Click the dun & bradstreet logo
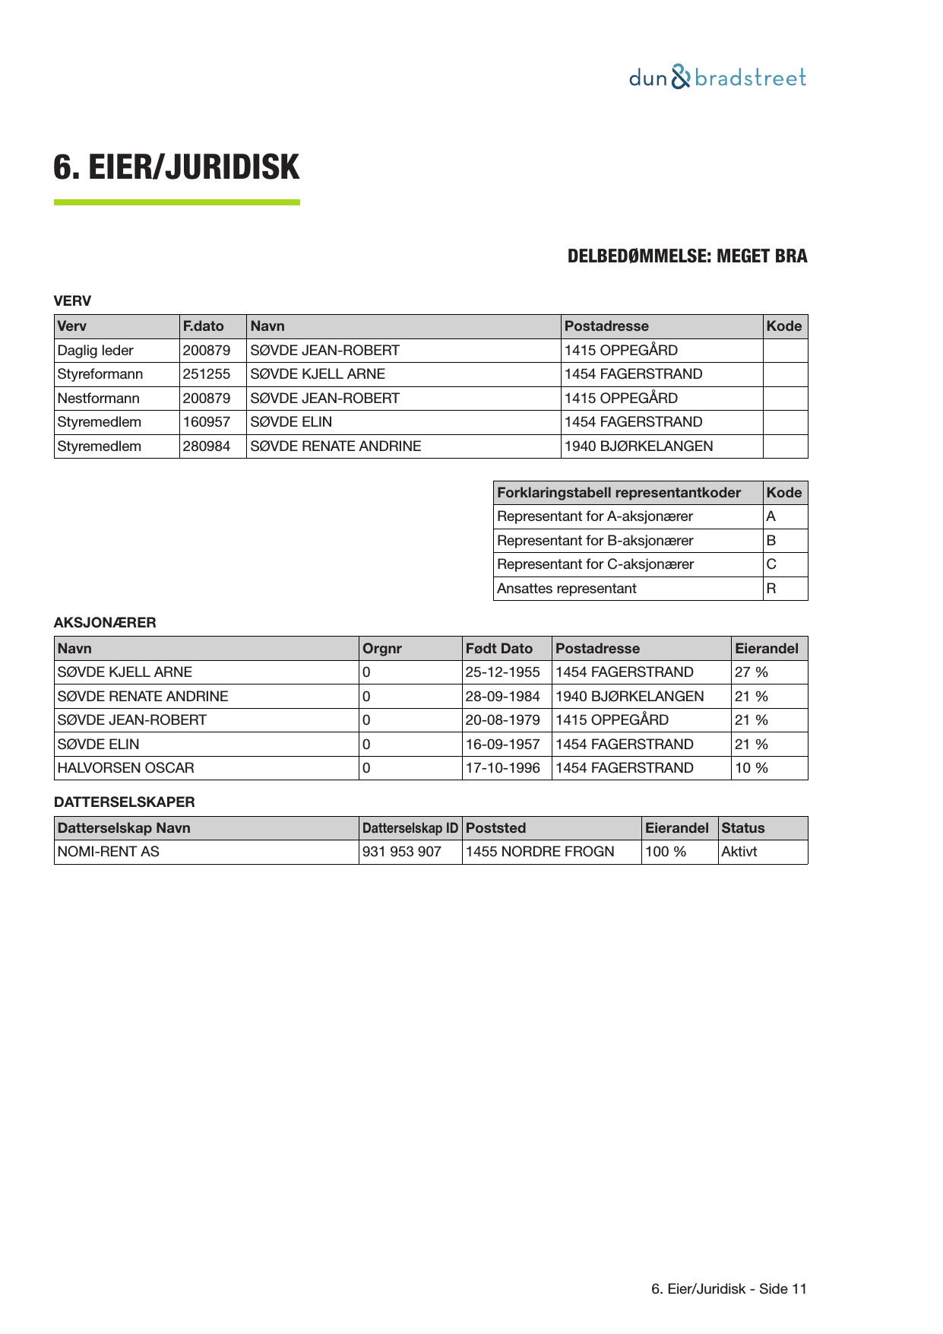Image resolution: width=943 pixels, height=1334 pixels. click(717, 78)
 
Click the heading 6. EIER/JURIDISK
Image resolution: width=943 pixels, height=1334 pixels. click(176, 167)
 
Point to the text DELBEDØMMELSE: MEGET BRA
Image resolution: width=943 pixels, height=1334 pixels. click(687, 256)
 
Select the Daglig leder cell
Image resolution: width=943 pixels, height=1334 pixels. click(96, 351)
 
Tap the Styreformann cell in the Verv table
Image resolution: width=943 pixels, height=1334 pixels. click(100, 374)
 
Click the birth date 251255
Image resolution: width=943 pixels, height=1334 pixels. click(206, 374)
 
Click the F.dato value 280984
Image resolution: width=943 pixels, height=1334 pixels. click(206, 446)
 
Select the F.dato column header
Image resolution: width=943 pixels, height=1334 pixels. click(204, 326)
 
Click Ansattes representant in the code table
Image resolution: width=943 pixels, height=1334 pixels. click(567, 589)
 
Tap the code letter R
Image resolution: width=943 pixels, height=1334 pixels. click(771, 589)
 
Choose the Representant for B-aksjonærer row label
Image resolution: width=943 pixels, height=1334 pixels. click(595, 541)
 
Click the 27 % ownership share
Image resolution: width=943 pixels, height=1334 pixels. click(752, 672)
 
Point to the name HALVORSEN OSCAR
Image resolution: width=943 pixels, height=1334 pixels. click(125, 768)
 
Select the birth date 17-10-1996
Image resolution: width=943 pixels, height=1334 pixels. click(502, 768)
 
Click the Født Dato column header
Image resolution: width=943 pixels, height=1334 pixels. click(499, 649)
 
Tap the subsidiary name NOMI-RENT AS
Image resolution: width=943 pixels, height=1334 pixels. click(109, 852)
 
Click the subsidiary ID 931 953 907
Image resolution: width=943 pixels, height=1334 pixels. click(402, 852)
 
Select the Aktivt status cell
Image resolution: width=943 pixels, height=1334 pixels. click(739, 852)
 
